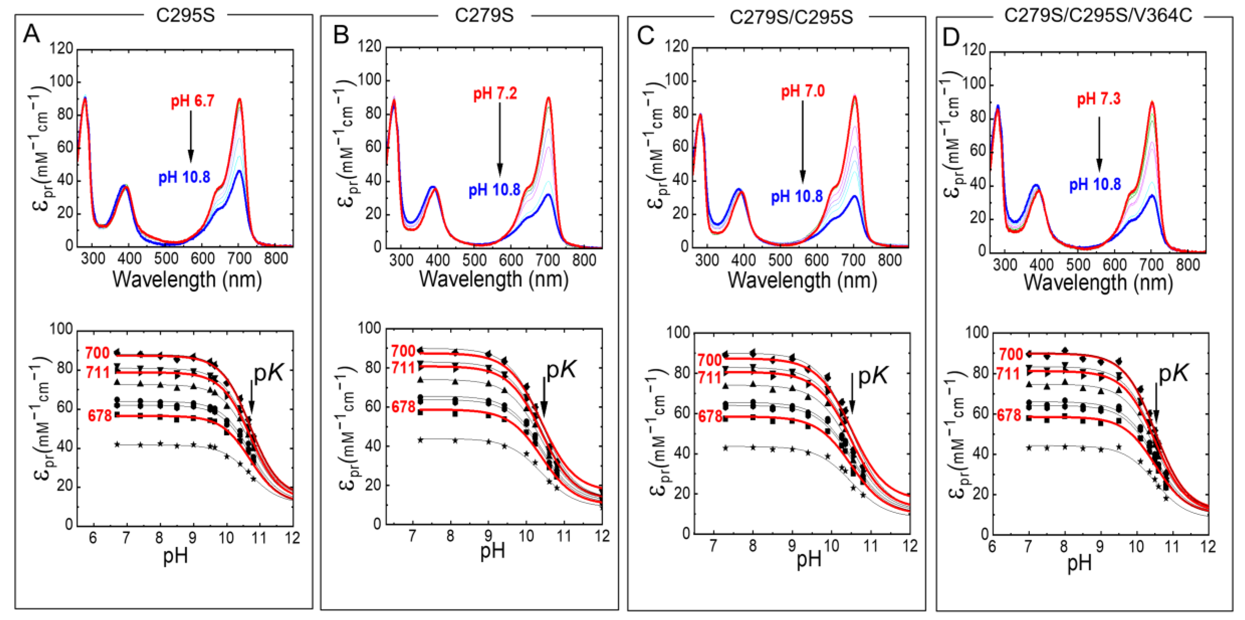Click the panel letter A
point(32,35)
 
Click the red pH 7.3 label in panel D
point(1098,99)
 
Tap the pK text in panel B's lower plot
point(561,370)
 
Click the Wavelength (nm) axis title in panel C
point(802,280)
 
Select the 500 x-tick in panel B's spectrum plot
point(474,261)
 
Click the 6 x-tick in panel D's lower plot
point(992,547)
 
